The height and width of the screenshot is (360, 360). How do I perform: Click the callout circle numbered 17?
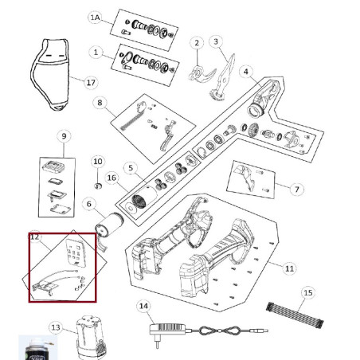pyautogui.click(x=90, y=82)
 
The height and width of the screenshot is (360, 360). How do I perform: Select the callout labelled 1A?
pyautogui.click(x=96, y=18)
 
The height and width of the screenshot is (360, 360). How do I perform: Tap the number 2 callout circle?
pyautogui.click(x=196, y=42)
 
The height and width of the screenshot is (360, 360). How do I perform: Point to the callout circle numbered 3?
pyautogui.click(x=217, y=41)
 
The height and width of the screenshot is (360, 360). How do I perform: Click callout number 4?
pyautogui.click(x=247, y=71)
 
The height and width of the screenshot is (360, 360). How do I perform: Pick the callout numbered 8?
pyautogui.click(x=100, y=102)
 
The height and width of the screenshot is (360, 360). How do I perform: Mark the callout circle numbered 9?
pyautogui.click(x=65, y=136)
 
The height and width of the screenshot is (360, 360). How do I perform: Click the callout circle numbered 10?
pyautogui.click(x=97, y=162)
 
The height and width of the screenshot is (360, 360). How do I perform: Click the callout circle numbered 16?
pyautogui.click(x=112, y=178)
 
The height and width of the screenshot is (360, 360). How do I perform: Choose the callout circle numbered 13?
pyautogui.click(x=55, y=327)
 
